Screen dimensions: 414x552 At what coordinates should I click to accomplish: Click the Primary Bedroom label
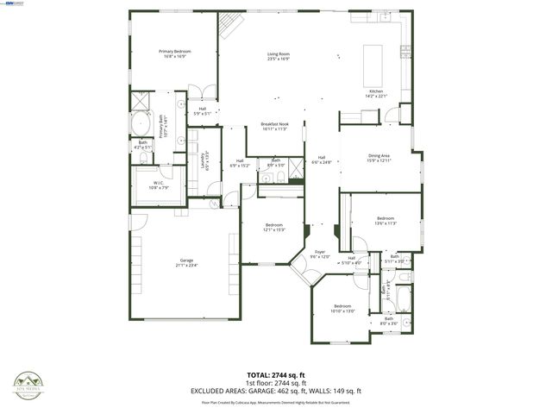(x=174, y=54)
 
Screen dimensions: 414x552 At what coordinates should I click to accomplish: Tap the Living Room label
(x=277, y=57)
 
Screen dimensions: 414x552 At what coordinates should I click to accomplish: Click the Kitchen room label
(x=376, y=93)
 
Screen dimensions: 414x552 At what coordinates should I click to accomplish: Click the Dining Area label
(x=379, y=158)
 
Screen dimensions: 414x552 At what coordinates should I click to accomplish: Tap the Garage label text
(x=186, y=262)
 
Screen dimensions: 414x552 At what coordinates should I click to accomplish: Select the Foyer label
(x=320, y=254)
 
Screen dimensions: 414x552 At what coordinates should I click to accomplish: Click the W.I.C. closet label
(x=159, y=185)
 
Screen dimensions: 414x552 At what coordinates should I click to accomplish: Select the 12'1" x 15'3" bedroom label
(x=274, y=228)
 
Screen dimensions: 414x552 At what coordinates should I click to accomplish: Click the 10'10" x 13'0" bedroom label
(x=342, y=309)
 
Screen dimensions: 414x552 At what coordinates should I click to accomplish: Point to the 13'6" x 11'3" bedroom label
(x=385, y=221)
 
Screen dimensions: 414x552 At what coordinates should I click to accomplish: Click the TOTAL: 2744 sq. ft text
(x=277, y=376)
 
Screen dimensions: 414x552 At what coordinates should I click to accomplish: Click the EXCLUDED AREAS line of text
(x=277, y=392)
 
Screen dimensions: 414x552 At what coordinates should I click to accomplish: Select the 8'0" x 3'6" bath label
(x=388, y=321)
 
